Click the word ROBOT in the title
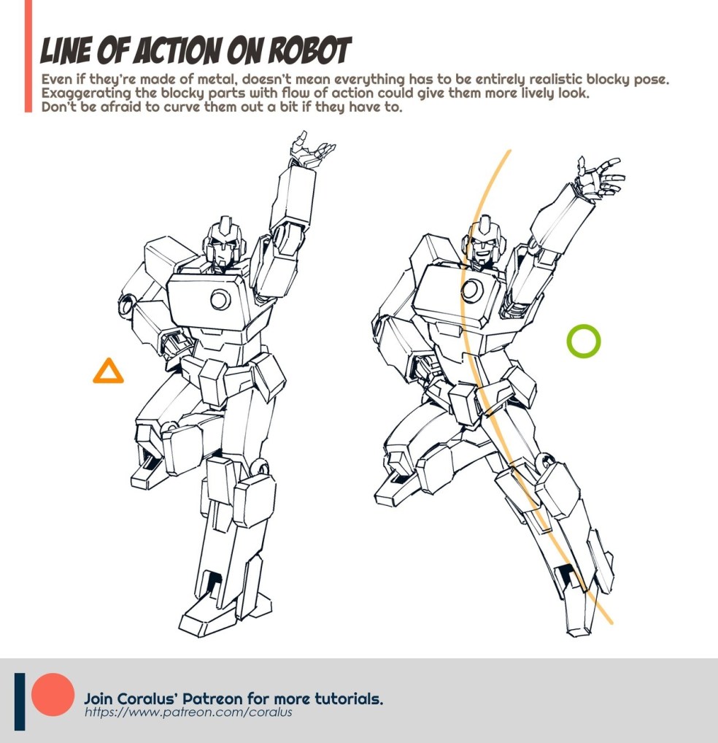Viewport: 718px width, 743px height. (x=309, y=50)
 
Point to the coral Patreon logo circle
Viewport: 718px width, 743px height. (x=53, y=694)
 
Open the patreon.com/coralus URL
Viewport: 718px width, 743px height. (x=188, y=712)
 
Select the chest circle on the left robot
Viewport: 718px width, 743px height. (x=220, y=299)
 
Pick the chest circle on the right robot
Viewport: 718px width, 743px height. (x=471, y=290)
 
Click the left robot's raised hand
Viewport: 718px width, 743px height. (x=310, y=150)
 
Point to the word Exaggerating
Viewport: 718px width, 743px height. (x=86, y=93)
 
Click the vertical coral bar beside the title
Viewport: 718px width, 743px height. (x=28, y=56)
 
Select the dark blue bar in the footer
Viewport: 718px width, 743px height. (x=20, y=701)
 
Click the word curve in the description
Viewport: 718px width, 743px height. (x=182, y=107)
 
